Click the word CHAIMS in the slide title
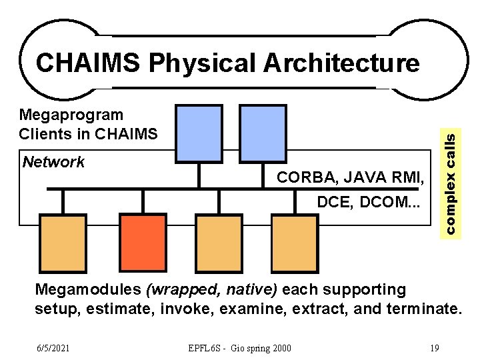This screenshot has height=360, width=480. (x=87, y=63)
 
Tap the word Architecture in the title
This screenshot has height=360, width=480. (x=342, y=63)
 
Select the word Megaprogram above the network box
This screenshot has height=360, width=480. (x=71, y=115)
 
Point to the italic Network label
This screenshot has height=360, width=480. (x=54, y=162)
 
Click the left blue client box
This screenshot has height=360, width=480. (x=199, y=133)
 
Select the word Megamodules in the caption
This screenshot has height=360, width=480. (x=88, y=290)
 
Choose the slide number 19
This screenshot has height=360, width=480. (x=434, y=348)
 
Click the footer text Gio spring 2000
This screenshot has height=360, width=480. (x=256, y=348)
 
